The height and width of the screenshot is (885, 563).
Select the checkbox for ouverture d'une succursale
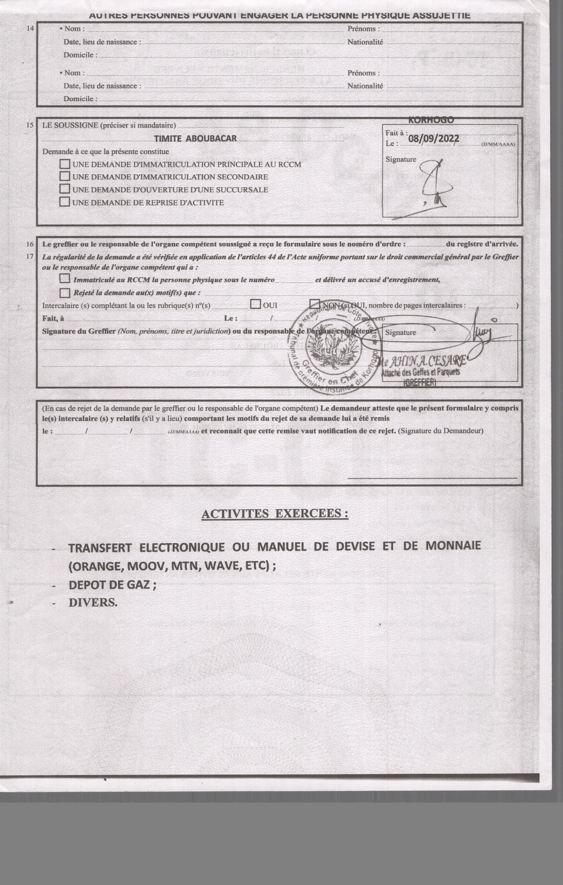point(65,189)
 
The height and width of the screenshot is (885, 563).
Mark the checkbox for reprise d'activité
point(65,202)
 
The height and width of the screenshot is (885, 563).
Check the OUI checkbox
point(255,304)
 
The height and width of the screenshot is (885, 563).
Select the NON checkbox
point(315,304)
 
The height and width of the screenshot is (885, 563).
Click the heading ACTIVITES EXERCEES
point(275,513)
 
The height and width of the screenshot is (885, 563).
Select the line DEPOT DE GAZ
point(112,585)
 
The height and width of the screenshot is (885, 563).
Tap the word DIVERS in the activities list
point(93,603)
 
